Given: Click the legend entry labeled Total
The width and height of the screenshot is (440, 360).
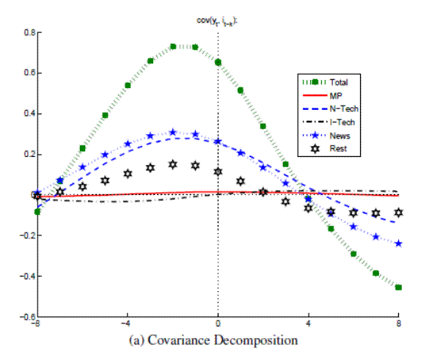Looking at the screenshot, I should point(340,83).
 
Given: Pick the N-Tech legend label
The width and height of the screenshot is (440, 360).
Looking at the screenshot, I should point(342,109).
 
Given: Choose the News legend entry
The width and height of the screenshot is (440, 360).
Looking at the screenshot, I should point(339,136).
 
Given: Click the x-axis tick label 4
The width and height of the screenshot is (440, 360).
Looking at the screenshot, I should point(308,323).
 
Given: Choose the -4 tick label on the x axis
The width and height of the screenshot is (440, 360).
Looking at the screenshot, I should point(125,323).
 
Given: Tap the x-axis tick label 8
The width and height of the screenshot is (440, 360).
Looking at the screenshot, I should point(399,323).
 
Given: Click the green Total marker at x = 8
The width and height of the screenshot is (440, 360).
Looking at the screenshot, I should point(399,287).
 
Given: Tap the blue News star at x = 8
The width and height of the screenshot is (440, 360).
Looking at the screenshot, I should point(399,243).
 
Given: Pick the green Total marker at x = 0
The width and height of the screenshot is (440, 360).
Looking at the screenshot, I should point(218,62).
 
